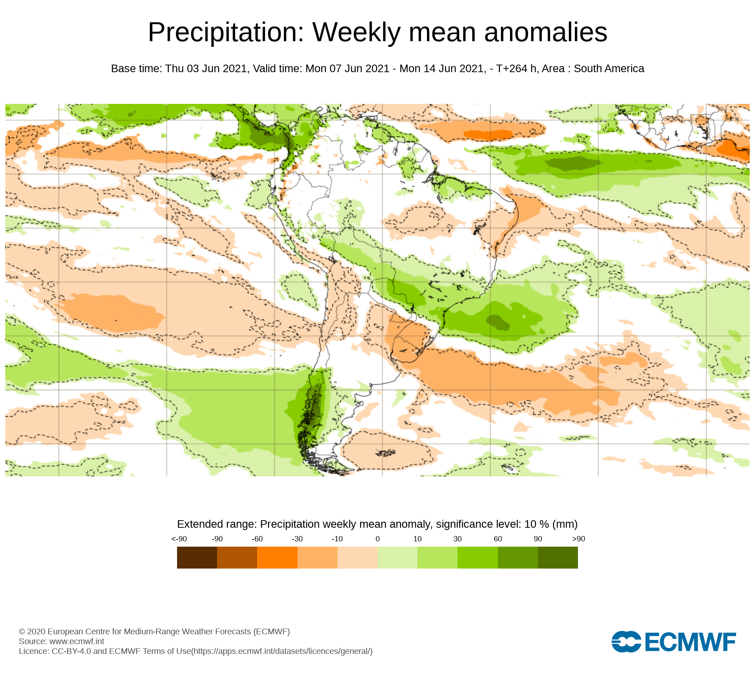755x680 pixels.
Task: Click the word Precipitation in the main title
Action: (226, 32)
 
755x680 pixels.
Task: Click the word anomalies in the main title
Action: (545, 32)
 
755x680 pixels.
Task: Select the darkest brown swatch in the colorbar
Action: (197, 557)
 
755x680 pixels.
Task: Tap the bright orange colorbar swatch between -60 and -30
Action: (277, 557)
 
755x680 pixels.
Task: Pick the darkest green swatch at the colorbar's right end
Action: (558, 557)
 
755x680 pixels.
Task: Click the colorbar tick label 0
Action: (377, 539)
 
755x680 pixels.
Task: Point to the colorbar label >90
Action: (578, 539)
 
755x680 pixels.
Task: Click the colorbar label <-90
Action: (179, 539)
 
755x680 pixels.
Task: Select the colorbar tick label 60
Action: (498, 539)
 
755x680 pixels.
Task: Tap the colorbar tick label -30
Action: (297, 539)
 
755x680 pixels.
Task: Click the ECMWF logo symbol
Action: (626, 641)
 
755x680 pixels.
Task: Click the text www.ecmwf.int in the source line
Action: (77, 641)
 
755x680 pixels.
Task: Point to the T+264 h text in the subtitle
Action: (516, 69)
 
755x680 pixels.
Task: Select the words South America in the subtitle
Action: (609, 69)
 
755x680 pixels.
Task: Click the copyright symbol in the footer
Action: (22, 632)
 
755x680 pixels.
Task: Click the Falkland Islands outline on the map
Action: (385, 453)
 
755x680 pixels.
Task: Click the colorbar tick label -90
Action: (217, 539)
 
